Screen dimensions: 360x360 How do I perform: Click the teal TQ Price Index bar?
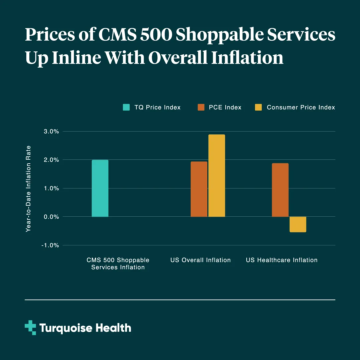(100, 188)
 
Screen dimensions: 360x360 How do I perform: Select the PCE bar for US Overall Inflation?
(199, 189)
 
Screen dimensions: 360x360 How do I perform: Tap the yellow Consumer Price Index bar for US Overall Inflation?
(217, 176)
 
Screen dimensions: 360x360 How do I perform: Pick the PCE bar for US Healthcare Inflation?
(280, 190)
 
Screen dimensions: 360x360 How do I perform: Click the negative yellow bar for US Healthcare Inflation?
(298, 224)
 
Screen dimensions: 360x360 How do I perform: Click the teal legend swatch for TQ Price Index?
(126, 107)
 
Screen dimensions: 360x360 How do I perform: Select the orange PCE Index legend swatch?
(201, 107)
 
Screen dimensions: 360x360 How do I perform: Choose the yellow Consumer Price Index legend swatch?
(258, 107)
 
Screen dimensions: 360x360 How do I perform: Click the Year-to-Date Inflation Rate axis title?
(28, 189)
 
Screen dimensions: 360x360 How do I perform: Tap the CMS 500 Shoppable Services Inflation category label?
(118, 264)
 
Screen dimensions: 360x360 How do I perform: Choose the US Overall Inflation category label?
(201, 260)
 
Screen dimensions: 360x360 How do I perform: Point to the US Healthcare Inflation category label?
(282, 260)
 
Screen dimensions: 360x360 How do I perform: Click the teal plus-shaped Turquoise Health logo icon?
(30, 328)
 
